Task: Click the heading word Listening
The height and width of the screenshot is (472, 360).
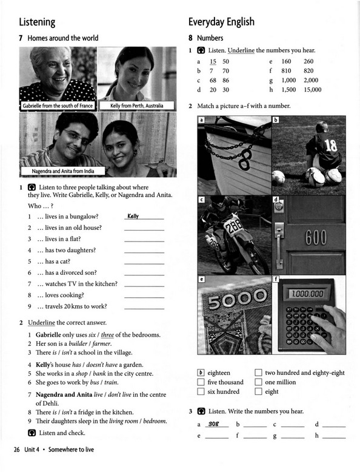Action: point(37,22)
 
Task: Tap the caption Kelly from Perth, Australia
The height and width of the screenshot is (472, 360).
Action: point(136,106)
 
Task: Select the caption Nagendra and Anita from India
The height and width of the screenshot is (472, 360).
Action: point(63,171)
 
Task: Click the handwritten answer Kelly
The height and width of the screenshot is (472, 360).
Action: point(133,216)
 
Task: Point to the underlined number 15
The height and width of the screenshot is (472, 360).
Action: point(213,61)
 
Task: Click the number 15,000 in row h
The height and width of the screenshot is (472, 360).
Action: point(313,90)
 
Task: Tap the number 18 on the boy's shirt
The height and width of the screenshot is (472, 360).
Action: point(331,145)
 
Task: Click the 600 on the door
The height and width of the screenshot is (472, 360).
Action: point(316,237)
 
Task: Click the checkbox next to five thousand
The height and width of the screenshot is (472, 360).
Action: point(201,382)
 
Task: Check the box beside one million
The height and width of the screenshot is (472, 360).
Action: point(258,382)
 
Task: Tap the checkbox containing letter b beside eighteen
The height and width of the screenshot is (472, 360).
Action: point(201,373)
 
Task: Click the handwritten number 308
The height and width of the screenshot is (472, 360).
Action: point(213,424)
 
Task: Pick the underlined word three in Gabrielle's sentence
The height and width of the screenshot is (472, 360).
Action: point(107,335)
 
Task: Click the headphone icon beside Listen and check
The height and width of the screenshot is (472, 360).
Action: point(32,433)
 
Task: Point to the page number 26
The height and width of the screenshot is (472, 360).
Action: point(17,450)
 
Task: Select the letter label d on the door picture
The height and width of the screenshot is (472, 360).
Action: point(276,199)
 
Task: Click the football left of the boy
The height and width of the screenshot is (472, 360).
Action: point(278,177)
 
